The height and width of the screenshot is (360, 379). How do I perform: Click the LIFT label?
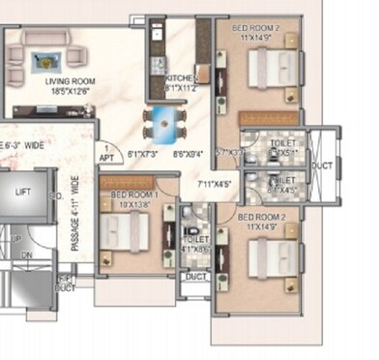click(22, 193)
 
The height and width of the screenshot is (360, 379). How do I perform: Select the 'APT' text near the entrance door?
click(106, 157)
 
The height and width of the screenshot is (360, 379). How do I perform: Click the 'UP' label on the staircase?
click(15, 238)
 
